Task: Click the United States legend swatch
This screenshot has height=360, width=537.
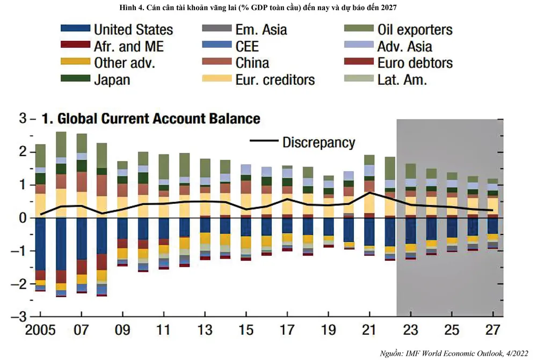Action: pos(76,30)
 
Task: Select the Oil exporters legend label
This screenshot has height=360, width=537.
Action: pos(415,30)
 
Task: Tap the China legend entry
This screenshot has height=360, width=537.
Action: pos(252,63)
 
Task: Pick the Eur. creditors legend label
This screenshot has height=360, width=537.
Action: pos(275,80)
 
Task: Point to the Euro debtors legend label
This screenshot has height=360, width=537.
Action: pos(415,63)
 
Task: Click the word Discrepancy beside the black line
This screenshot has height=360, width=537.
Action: pos(318,142)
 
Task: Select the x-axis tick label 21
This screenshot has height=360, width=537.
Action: pos(369,329)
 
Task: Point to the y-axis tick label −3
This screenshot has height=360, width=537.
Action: pos(23,317)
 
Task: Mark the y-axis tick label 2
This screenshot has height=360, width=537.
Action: pos(23,152)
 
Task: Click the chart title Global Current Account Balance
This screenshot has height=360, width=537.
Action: pos(151,119)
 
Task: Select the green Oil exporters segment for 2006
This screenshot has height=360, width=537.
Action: pos(61,144)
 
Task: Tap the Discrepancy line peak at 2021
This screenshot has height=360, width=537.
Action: pos(369,192)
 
